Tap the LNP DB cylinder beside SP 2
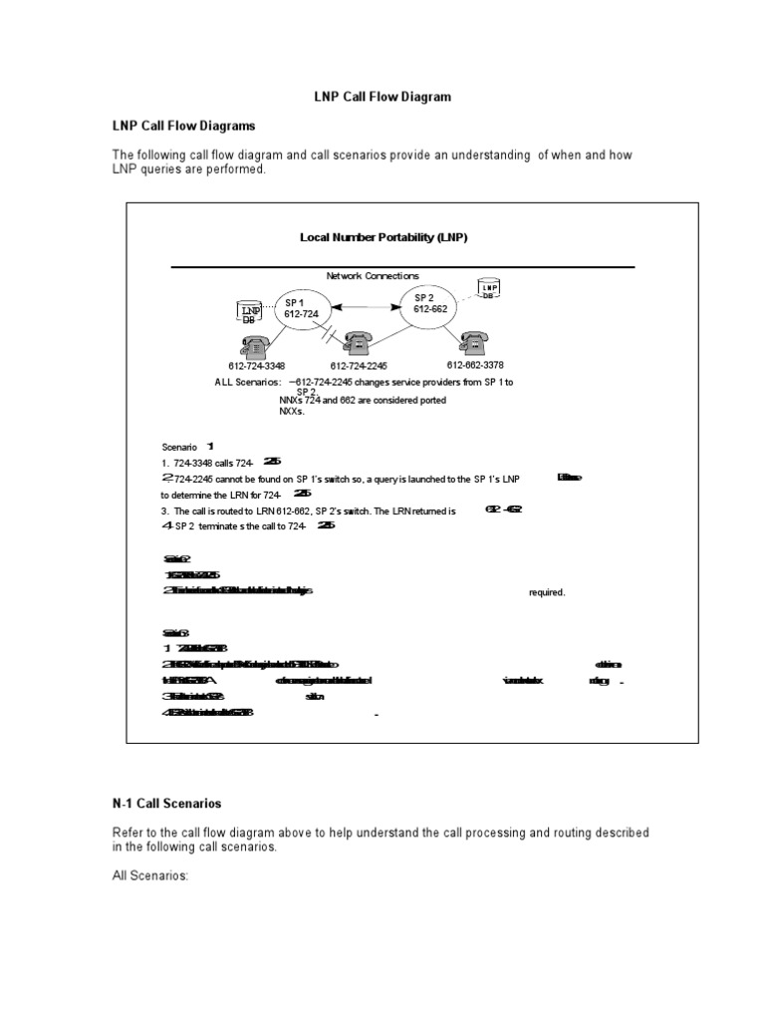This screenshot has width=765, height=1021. pos(488,289)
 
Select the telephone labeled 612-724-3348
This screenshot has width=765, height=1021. pos(254,346)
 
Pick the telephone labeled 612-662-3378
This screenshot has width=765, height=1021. pos(475,342)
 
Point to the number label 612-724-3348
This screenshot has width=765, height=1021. pos(256,366)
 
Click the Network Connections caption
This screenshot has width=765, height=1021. pos(373,275)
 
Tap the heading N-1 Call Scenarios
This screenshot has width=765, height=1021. pos(166,803)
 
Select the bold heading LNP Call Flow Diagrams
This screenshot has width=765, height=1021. pos(183,127)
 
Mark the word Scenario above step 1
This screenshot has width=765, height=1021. pos(180,446)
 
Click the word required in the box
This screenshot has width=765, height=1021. pos(546,592)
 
